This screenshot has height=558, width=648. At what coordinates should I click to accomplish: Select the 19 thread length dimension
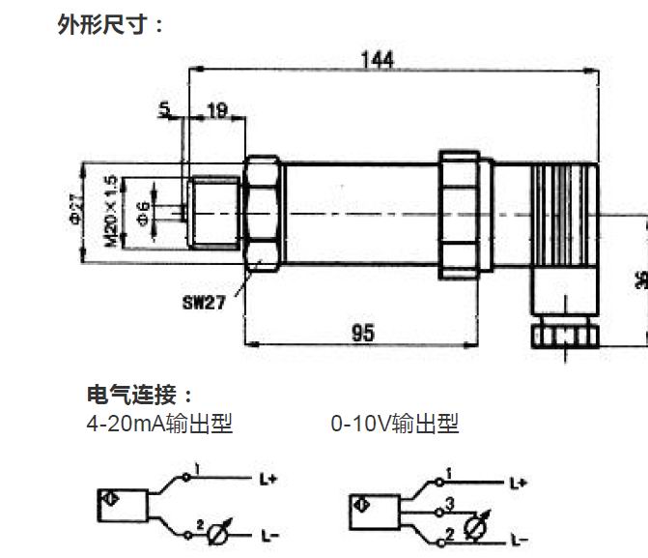click(x=216, y=111)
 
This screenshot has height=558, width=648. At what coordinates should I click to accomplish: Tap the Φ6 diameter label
click(x=144, y=212)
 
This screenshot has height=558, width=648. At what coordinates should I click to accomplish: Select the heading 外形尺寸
click(x=110, y=23)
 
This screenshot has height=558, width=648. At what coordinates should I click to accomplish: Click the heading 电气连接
click(x=140, y=395)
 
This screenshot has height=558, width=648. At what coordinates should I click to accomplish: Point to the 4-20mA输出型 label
click(x=159, y=424)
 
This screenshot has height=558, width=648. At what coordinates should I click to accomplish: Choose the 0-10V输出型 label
click(x=394, y=424)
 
